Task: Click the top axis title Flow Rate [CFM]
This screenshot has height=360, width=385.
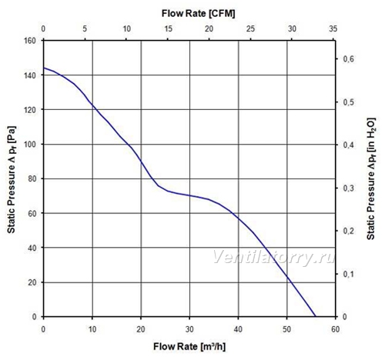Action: (198, 13)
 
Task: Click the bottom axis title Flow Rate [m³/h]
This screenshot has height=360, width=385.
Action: (189, 346)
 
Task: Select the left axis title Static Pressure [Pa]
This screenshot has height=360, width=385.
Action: (12, 179)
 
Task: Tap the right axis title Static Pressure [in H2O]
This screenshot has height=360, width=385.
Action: (371, 178)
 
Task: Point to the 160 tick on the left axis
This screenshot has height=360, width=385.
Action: (30, 41)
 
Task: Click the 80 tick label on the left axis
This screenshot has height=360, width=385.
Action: (32, 178)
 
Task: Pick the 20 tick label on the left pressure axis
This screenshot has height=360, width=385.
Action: (32, 282)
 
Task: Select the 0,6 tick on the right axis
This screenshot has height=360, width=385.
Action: (348, 59)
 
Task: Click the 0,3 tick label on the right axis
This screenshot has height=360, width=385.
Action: (348, 188)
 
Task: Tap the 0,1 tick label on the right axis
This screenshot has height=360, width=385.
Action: (348, 274)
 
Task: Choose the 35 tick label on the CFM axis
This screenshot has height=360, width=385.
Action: (333, 28)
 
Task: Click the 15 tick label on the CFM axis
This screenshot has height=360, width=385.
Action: (168, 28)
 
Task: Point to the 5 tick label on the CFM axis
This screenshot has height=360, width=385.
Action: (85, 28)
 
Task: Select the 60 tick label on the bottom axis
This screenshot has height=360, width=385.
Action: (335, 329)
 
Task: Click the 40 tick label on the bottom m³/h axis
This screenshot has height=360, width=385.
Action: (238, 329)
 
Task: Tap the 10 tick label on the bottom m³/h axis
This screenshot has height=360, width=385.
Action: (92, 329)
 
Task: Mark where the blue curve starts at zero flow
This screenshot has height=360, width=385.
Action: (44, 68)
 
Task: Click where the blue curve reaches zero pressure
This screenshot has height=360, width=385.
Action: (315, 316)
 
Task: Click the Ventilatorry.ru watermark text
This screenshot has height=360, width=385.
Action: (274, 257)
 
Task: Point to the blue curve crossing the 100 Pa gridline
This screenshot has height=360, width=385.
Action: (126, 144)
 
